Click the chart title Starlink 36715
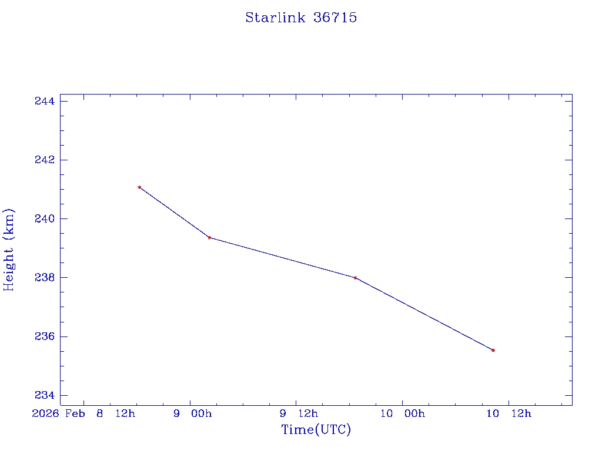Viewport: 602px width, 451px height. pyautogui.click(x=301, y=18)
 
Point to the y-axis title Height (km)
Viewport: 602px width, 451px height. pyautogui.click(x=9, y=250)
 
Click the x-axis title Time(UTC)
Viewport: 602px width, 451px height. pyautogui.click(x=316, y=430)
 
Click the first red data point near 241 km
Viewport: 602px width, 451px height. pyautogui.click(x=139, y=187)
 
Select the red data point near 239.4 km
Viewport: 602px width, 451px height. pyautogui.click(x=209, y=237)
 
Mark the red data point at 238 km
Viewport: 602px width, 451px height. pyautogui.click(x=355, y=278)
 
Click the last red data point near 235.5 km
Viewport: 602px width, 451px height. pyautogui.click(x=493, y=350)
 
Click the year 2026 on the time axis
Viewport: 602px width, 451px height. pyautogui.click(x=46, y=413)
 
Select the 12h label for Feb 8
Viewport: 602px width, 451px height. pyautogui.click(x=125, y=413)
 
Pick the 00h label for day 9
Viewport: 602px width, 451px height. pyautogui.click(x=200, y=413)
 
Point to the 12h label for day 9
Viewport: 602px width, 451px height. pyautogui.click(x=307, y=413)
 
